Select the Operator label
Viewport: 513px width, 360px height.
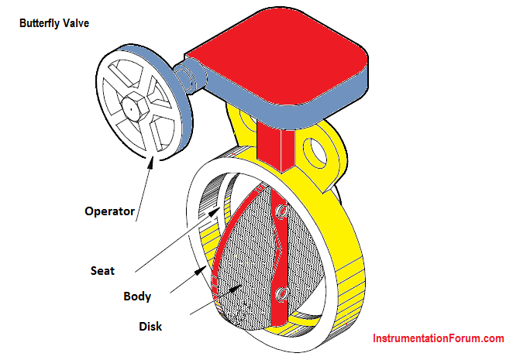109,211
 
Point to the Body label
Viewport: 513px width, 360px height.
137,296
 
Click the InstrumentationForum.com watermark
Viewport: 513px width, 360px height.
439,338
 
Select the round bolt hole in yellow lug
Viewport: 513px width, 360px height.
316,150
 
